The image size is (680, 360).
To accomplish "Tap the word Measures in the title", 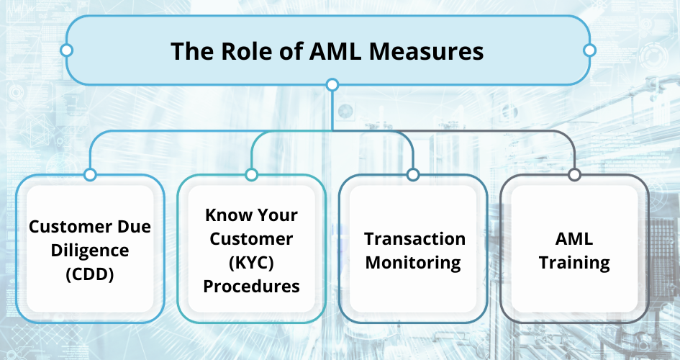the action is click(x=426, y=50).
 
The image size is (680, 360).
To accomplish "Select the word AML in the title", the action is click(x=335, y=50).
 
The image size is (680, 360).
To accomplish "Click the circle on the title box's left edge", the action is click(x=66, y=50).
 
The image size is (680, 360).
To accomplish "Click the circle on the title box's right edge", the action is click(x=589, y=50).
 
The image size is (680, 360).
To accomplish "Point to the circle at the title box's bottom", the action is click(x=332, y=84).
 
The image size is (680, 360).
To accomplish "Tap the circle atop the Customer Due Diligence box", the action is click(x=90, y=175).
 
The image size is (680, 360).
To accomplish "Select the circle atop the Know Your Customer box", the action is click(x=252, y=175).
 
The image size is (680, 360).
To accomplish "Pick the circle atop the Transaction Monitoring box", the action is click(x=413, y=175).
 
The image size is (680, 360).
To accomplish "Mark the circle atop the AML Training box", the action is click(x=574, y=175).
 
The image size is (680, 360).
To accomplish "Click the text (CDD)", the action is click(x=90, y=274).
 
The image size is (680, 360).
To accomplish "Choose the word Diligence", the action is click(x=90, y=251).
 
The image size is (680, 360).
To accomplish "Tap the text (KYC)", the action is click(x=252, y=262).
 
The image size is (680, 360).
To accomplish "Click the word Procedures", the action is click(x=252, y=287).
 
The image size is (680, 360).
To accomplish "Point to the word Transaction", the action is click(x=414, y=238).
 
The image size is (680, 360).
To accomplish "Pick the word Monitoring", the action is click(x=413, y=263).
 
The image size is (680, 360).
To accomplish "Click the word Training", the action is click(x=574, y=263).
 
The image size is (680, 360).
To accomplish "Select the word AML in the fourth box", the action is click(x=574, y=238).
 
